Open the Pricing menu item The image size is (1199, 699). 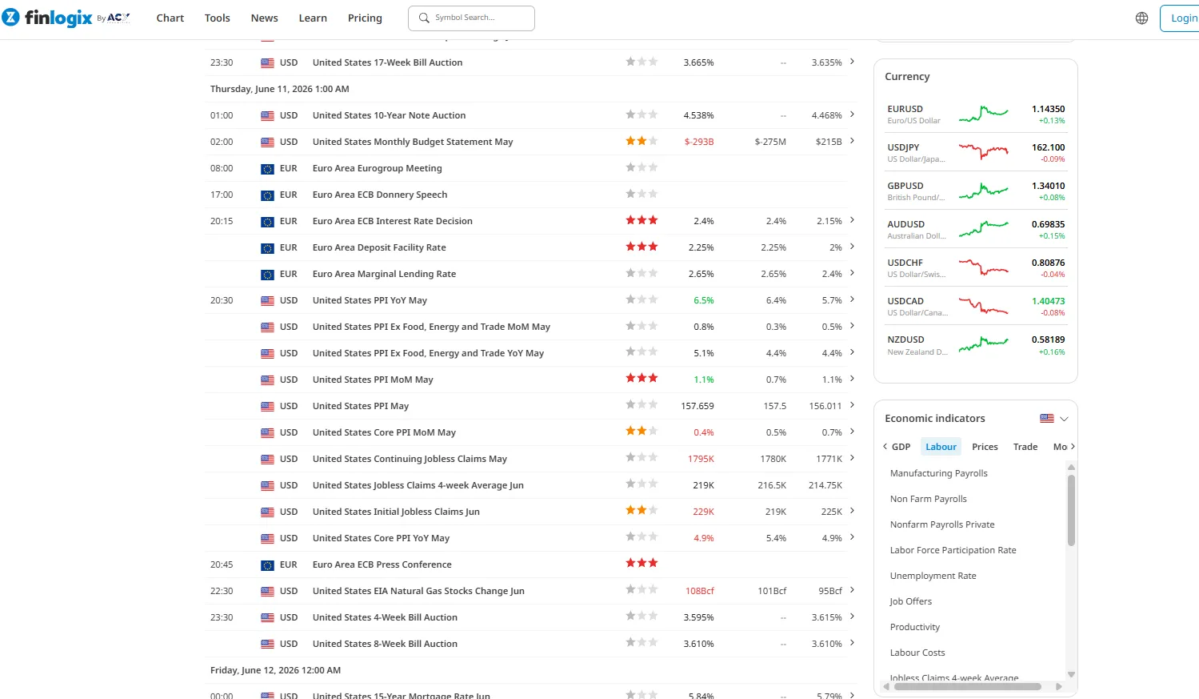click(365, 18)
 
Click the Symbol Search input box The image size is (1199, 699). click(471, 18)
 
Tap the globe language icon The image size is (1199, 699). click(1141, 18)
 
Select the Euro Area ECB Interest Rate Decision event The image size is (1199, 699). click(393, 221)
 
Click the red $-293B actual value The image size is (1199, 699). click(699, 142)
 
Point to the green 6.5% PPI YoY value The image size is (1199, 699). click(703, 300)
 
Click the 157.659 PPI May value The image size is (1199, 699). click(697, 405)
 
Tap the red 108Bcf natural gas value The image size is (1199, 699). click(700, 591)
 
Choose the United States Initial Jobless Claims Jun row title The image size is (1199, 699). click(396, 512)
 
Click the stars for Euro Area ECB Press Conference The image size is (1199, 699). click(641, 563)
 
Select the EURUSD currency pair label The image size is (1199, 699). click(905, 109)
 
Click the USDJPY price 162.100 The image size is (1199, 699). click(1048, 147)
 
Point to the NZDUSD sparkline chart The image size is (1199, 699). click(983, 344)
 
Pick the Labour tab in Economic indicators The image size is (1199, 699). click(941, 447)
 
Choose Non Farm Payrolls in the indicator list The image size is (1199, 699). click(928, 499)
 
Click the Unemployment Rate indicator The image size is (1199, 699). click(933, 576)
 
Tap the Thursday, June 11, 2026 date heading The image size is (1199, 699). click(279, 89)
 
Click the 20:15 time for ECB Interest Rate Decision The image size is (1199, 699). click(222, 221)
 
